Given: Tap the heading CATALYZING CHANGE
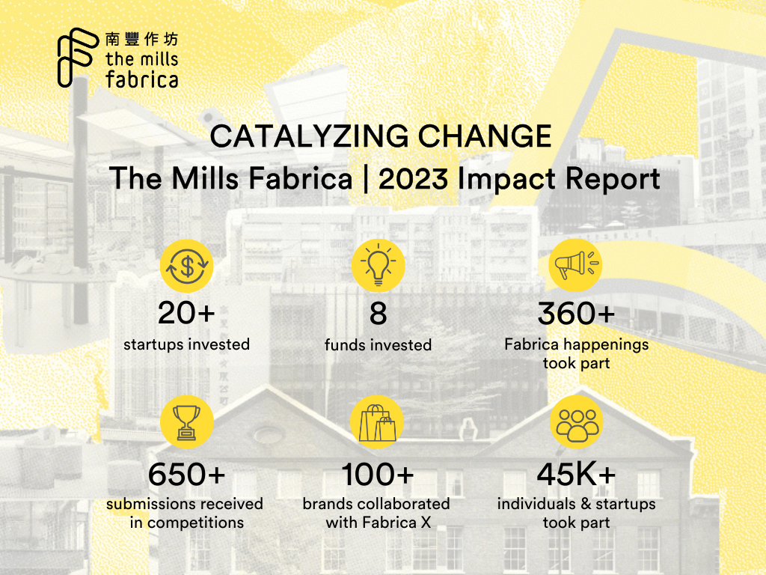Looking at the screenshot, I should (381, 136).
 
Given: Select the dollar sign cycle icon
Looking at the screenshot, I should (187, 265).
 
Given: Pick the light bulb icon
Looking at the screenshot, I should (378, 265).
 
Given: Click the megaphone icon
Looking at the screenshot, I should (575, 265).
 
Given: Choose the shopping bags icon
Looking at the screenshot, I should (378, 422).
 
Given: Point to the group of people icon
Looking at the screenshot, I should (575, 422).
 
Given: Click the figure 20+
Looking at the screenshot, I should (187, 314).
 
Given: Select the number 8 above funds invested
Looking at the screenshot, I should (378, 314).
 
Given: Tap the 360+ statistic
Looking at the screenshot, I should (576, 314).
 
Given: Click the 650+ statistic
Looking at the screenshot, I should (187, 474).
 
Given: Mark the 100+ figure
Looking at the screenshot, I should (378, 474).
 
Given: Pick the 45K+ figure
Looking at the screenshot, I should (576, 474).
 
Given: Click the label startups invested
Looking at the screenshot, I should (187, 344).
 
